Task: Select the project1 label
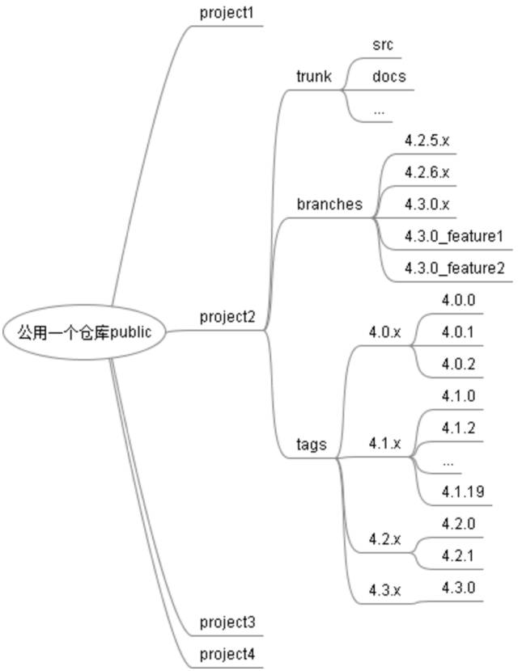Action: click(227, 13)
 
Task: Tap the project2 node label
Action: click(227, 317)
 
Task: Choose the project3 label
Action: click(227, 622)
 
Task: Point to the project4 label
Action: click(227, 653)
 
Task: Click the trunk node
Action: click(314, 77)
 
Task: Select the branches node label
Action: click(329, 205)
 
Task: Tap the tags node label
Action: click(312, 444)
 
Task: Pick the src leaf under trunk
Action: click(383, 45)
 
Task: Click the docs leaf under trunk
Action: click(388, 77)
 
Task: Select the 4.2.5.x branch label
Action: click(427, 140)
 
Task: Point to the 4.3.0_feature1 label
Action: click(454, 236)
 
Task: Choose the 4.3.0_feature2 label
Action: click(454, 268)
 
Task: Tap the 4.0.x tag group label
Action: click(384, 331)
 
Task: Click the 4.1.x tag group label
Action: click(384, 444)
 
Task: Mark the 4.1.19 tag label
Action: click(462, 492)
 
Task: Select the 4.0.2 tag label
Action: click(458, 363)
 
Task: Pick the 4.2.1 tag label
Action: click(458, 555)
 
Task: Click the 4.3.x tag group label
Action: click(384, 589)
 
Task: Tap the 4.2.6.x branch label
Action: click(427, 172)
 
